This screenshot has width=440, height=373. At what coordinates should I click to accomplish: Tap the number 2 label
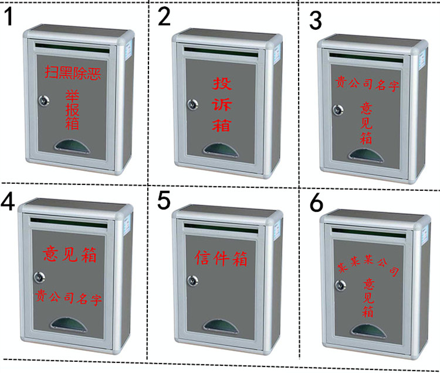tap(164, 18)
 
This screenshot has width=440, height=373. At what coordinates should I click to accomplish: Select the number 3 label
tap(316, 20)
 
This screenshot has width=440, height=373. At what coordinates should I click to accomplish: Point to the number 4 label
tap(8, 201)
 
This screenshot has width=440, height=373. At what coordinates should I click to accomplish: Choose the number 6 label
tap(316, 203)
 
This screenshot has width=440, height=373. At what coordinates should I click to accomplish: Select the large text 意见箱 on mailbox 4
tap(70, 255)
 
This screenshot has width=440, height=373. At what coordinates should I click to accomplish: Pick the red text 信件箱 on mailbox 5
tap(221, 259)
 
